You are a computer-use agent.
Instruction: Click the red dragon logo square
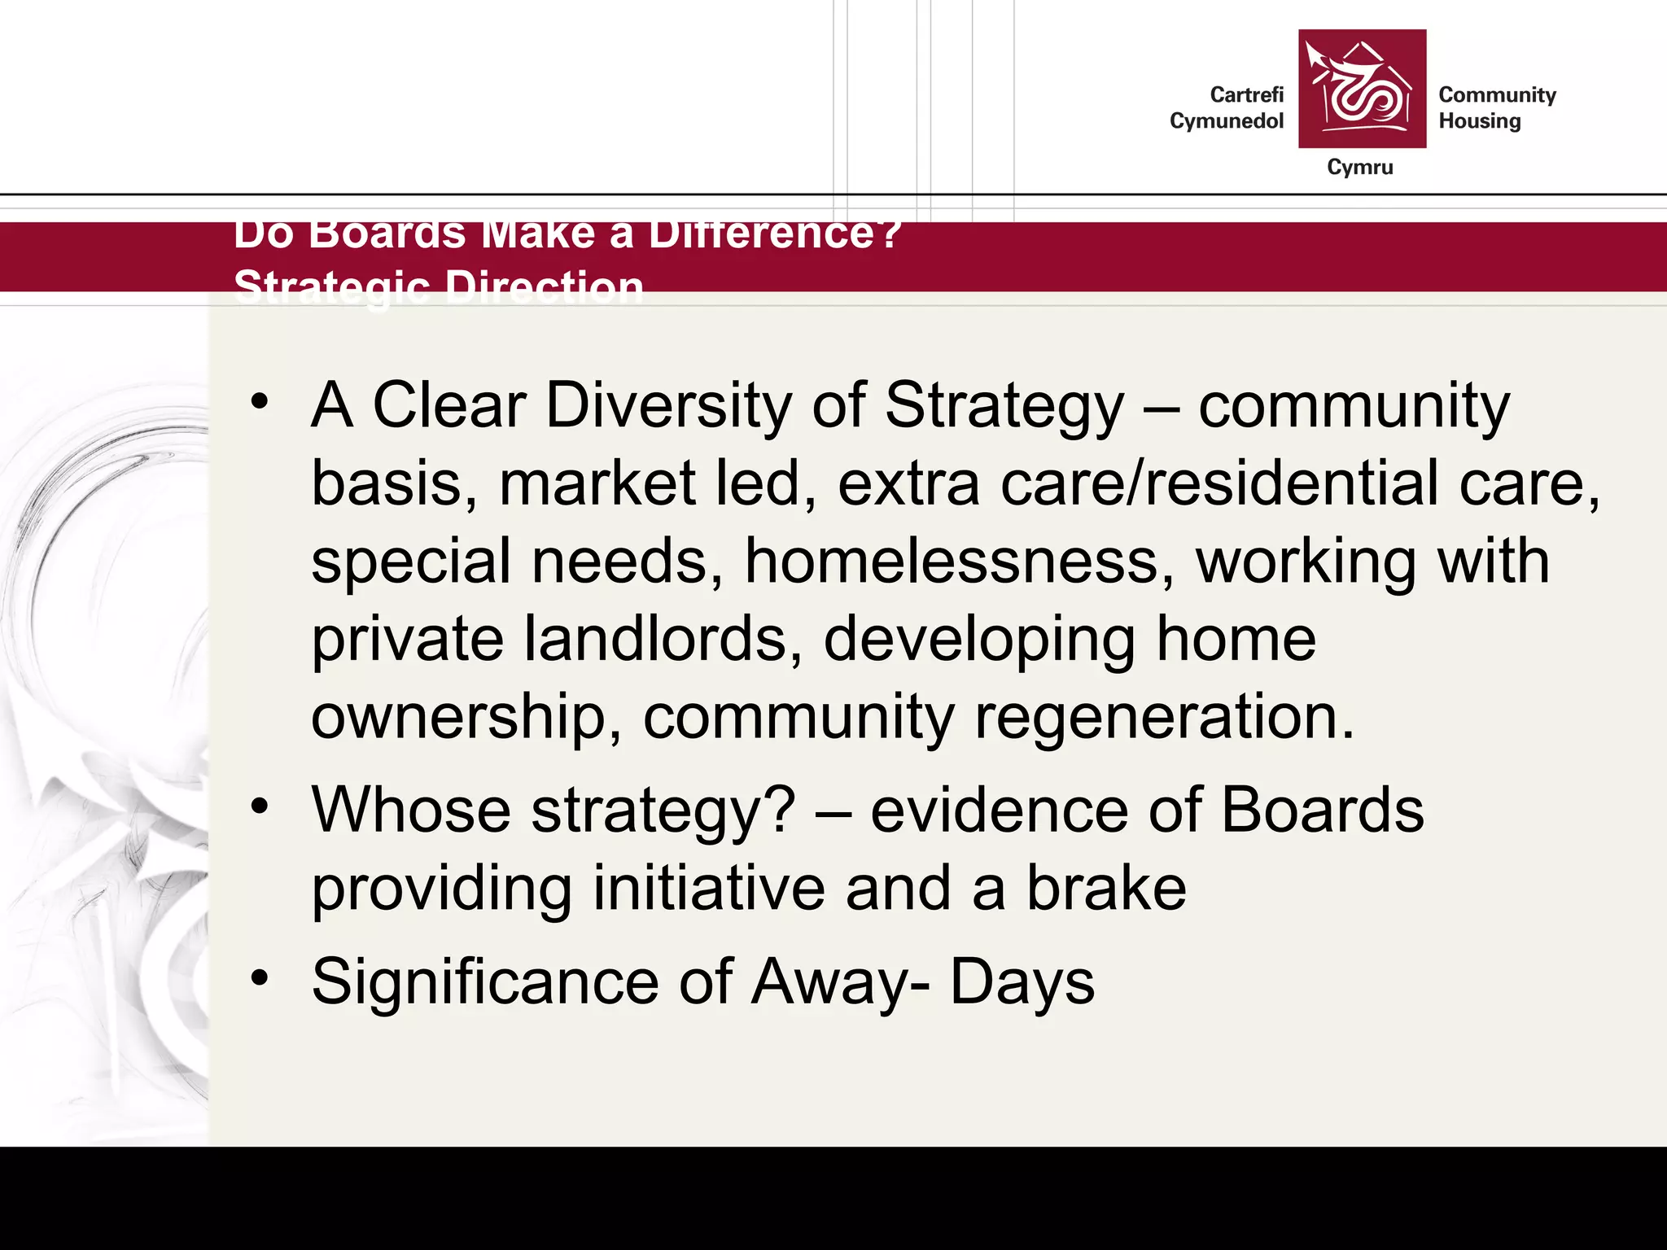coord(1362,89)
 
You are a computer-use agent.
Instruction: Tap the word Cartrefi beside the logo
coord(1246,95)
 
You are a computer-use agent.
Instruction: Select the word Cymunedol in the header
coord(1226,121)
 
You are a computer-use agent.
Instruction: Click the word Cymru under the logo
coord(1359,167)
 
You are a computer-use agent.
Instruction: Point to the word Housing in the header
coord(1479,121)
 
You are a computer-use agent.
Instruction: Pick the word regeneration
coord(1164,717)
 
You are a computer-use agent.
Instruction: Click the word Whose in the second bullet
coord(411,811)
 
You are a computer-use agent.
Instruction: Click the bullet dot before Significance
coord(260,977)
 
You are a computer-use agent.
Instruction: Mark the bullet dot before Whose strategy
coord(260,806)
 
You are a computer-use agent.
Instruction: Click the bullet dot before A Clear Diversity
coord(260,400)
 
